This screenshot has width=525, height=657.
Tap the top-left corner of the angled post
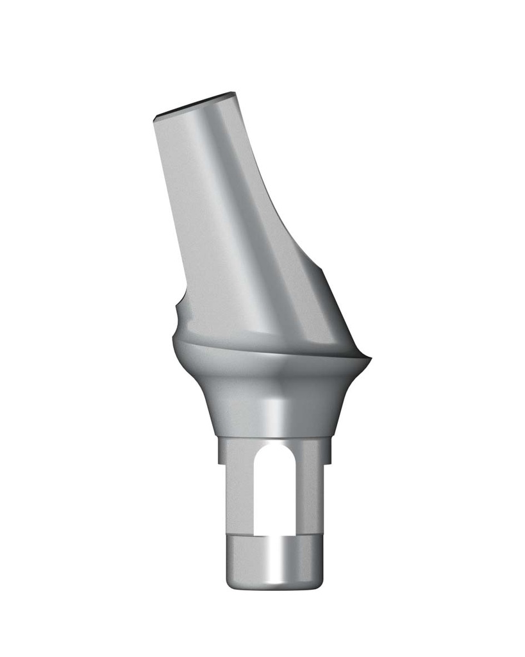pos(156,119)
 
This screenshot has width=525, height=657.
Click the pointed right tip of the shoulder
pos(370,359)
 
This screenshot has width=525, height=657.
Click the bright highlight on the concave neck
pos(277,411)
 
